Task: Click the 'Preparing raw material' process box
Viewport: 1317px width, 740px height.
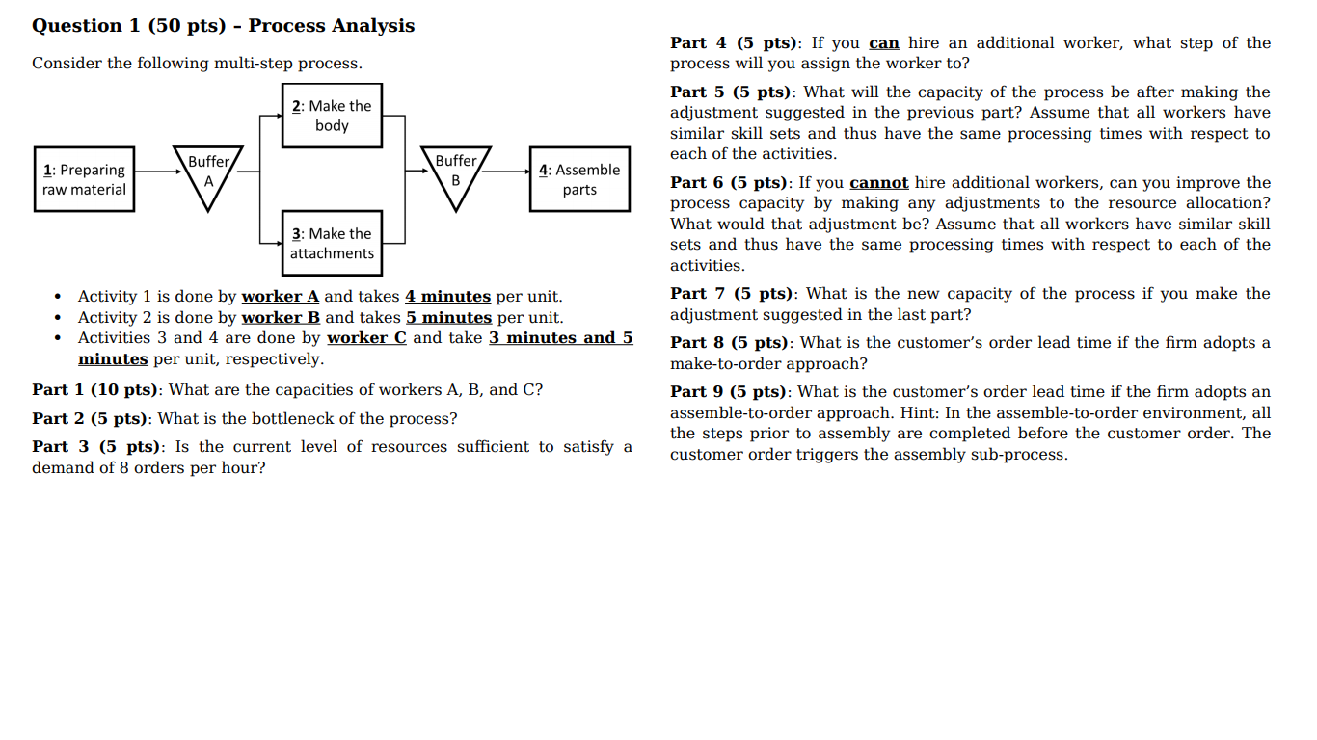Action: [x=84, y=179]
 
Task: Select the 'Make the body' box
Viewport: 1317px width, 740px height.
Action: [x=332, y=116]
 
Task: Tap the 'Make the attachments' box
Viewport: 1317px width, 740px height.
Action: [x=332, y=243]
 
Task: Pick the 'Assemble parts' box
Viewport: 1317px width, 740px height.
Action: [x=579, y=179]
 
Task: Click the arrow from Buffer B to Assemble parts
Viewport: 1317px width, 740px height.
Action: [x=506, y=171]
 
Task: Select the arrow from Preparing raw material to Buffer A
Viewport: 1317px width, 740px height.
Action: [x=154, y=171]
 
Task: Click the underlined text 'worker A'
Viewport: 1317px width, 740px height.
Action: [x=280, y=297]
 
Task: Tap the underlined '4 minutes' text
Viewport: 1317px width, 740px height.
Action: [x=447, y=297]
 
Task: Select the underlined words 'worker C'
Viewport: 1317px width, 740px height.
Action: [x=366, y=338]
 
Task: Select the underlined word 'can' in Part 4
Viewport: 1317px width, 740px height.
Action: [x=883, y=43]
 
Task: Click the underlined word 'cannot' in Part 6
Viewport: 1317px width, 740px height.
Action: [x=878, y=183]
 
